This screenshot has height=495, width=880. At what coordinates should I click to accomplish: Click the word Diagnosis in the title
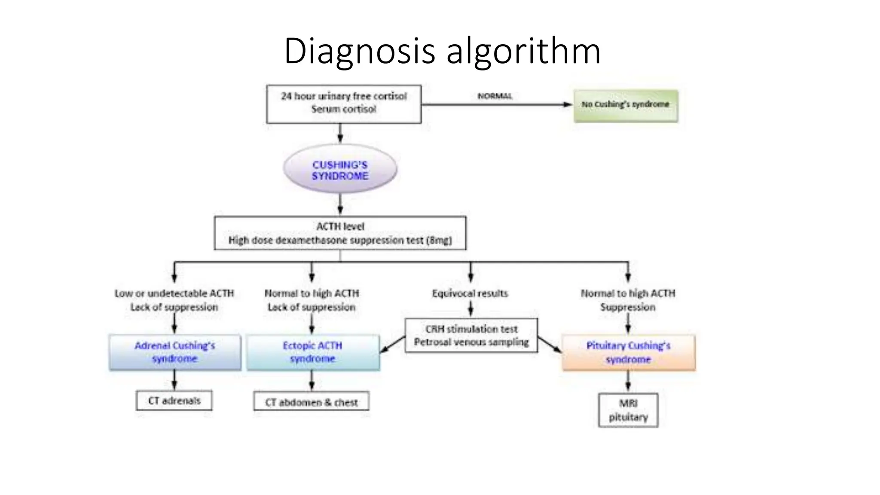(x=360, y=52)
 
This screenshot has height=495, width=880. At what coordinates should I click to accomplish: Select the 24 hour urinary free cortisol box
(x=344, y=104)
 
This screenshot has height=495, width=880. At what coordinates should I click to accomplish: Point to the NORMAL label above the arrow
(x=495, y=96)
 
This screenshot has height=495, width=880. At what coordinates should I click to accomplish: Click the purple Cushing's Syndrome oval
(x=340, y=170)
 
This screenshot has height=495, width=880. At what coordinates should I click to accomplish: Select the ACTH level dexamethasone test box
(x=340, y=233)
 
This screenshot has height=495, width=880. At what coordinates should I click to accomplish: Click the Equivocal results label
(x=470, y=293)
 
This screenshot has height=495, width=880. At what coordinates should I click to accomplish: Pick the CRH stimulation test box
(x=471, y=336)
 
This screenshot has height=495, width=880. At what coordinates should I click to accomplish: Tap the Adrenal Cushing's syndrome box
(x=175, y=352)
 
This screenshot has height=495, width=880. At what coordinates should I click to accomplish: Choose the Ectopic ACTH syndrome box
(x=313, y=352)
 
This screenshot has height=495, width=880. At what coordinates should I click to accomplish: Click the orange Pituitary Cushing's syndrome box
(x=628, y=352)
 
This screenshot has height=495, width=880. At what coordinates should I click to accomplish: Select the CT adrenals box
(x=174, y=400)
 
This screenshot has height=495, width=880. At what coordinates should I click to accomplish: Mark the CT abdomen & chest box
(x=311, y=402)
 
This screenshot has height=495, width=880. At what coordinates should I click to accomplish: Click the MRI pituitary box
(x=628, y=410)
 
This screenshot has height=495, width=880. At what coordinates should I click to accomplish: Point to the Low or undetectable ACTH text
(x=174, y=293)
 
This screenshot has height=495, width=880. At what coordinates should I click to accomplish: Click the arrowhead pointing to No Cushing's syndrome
(x=568, y=104)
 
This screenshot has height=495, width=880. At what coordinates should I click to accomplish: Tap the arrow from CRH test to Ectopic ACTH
(x=392, y=345)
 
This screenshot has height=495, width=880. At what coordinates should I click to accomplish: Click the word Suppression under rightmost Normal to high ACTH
(x=628, y=307)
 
